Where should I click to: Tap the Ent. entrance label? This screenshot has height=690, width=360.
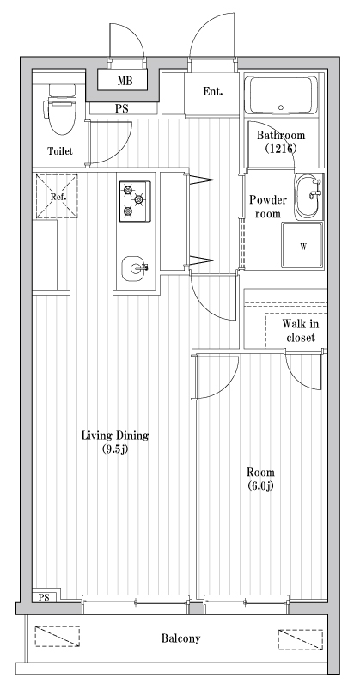(213, 92)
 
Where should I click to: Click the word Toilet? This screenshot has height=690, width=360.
(60, 151)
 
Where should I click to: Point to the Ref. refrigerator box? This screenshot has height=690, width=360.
(58, 196)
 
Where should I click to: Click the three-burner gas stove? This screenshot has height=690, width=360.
(134, 200)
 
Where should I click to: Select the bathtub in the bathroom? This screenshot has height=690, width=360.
(282, 96)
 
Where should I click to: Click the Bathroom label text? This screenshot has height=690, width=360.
(282, 134)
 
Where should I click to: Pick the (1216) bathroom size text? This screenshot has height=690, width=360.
(282, 148)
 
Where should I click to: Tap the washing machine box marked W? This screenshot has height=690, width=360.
(302, 247)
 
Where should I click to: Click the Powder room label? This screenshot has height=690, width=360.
(267, 206)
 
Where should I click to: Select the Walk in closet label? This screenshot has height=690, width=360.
(301, 331)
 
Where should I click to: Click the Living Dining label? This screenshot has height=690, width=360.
(114, 435)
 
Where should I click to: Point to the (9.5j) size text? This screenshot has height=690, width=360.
(114, 449)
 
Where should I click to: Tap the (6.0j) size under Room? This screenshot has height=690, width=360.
(260, 487)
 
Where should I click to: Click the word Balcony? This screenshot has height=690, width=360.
(180, 638)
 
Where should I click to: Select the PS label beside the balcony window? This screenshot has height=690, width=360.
(43, 596)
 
